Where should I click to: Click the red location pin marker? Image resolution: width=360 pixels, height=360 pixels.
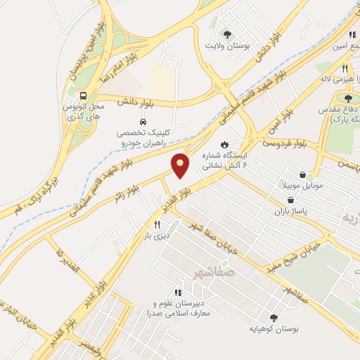coord(181,165)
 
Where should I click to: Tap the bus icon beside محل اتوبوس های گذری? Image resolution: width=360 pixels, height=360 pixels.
coord(84,96)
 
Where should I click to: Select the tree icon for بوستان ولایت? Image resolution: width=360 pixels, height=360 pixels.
coord(227,34)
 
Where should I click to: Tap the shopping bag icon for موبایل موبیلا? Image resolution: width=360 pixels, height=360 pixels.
coord(302,174)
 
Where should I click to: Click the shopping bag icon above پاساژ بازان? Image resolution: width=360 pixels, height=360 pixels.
coord(290,200)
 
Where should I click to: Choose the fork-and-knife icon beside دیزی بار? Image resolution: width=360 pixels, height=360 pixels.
coord(157,225)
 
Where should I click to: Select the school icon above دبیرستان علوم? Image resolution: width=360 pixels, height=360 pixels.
coord(178,292)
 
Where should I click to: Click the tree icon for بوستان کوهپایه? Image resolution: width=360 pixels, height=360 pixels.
coord(274,318)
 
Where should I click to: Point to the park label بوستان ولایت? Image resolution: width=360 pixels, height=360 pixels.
coord(227,46)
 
